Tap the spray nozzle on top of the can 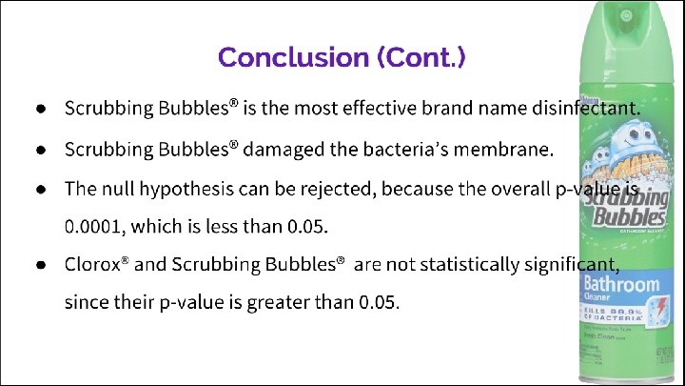point(626,16)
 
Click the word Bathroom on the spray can point(620,284)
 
